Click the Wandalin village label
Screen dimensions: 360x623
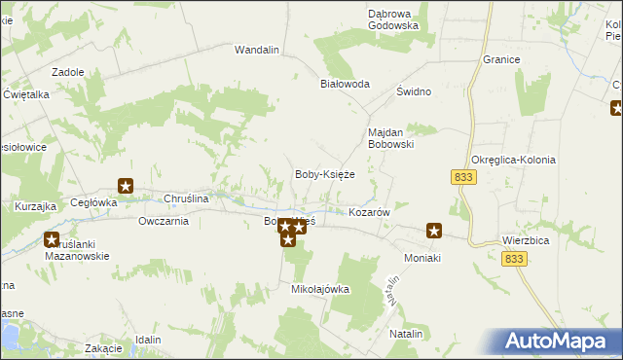tap(257, 49)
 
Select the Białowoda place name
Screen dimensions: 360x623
tap(346, 84)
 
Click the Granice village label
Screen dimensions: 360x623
tap(500, 59)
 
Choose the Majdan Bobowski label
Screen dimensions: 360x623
tap(390, 137)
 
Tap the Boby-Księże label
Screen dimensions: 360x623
tap(324, 174)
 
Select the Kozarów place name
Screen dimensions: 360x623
tap(369, 211)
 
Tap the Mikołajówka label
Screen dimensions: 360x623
tap(320, 289)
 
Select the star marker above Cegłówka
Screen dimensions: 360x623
tap(126, 185)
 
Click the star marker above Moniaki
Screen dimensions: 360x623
tap(434, 232)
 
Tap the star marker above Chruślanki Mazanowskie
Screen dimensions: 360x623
tap(52, 239)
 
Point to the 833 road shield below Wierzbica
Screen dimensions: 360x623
tap(515, 259)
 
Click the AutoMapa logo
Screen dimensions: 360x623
tap(556, 341)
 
